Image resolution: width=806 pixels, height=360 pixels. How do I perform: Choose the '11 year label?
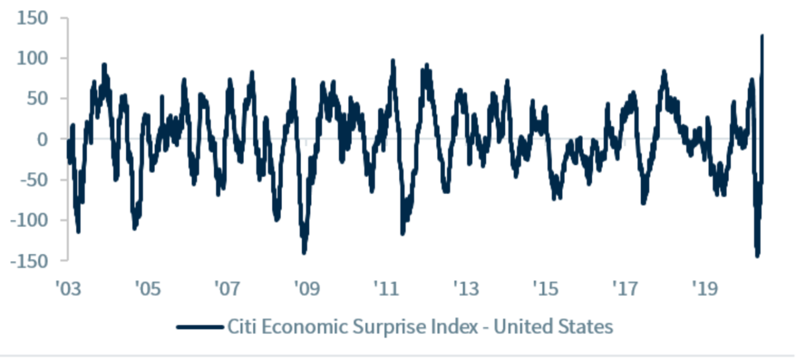(x=386, y=289)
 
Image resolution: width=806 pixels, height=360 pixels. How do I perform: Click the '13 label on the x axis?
(x=466, y=289)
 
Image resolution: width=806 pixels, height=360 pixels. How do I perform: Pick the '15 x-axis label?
(x=546, y=289)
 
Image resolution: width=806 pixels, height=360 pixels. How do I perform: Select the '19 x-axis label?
(x=705, y=289)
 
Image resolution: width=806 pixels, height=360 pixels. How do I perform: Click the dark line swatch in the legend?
(x=199, y=327)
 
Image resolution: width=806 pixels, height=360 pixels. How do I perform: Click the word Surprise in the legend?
(x=375, y=327)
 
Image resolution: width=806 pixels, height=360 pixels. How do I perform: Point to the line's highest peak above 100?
(x=762, y=36)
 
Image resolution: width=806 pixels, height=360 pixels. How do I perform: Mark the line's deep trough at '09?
(x=304, y=251)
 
